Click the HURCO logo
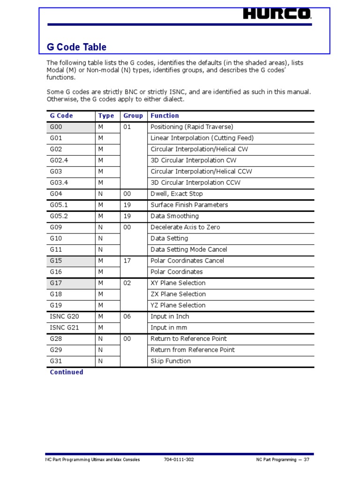(277, 15)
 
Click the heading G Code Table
(76, 47)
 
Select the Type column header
(106, 116)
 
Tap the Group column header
(133, 116)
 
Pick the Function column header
(165, 116)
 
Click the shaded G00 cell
(70, 127)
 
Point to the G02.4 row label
(59, 160)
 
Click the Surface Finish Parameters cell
(189, 205)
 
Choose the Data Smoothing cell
(174, 216)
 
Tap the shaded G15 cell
(70, 261)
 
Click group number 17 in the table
(127, 261)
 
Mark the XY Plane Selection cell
(178, 283)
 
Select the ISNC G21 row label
(64, 328)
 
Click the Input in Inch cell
(170, 316)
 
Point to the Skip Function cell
(170, 361)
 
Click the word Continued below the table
(67, 372)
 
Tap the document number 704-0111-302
(179, 460)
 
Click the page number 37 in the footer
(307, 460)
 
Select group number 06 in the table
(127, 316)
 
